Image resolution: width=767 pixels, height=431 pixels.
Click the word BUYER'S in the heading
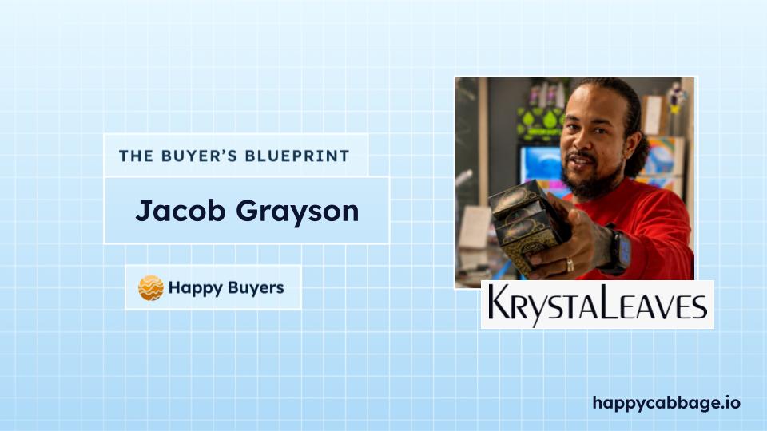199,156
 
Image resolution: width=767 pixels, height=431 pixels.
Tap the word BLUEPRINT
297,156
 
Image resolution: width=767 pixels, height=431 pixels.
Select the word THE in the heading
136,156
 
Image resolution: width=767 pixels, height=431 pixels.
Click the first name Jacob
180,211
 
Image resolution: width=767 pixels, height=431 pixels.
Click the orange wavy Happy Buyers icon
151,288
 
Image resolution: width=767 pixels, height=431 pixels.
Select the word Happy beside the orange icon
195,288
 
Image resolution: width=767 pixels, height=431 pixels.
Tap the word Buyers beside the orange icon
256,287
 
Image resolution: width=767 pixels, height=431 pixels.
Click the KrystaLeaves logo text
598,304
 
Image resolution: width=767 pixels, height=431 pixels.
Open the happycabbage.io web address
666,404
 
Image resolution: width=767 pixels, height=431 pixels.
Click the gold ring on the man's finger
570,264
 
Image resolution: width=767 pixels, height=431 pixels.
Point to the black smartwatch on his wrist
618,251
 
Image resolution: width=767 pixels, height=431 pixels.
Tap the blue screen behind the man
541,164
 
